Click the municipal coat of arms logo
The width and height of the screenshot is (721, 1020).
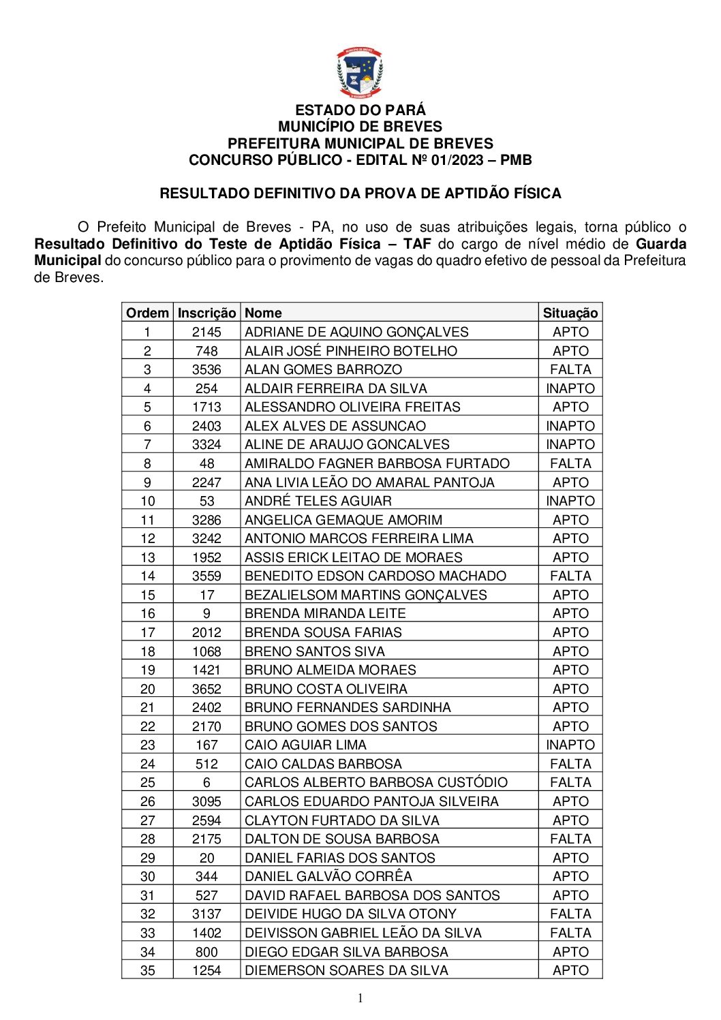pos(360,73)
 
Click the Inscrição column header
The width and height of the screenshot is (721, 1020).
pos(206,313)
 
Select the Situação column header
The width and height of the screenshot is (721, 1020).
pos(570,313)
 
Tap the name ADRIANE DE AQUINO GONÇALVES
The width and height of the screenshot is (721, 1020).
pos(356,332)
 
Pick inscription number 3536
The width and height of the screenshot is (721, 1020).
pos(206,369)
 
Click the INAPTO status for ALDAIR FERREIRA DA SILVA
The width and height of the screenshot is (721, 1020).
pos(570,388)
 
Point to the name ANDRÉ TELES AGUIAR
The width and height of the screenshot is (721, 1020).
pos(318,501)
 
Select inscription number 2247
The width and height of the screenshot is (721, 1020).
pos(206,482)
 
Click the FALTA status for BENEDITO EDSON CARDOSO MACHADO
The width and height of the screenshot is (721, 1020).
pos(570,576)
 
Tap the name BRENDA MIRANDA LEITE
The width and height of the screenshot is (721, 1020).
pos(325,613)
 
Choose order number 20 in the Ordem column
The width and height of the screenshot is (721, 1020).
pos(147,689)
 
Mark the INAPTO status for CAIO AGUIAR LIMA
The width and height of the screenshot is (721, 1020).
pos(570,745)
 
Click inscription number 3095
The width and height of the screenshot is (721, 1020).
pos(206,801)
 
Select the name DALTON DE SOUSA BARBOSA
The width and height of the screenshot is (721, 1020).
pos(341,839)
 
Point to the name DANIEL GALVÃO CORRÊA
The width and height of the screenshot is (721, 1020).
pos(328,876)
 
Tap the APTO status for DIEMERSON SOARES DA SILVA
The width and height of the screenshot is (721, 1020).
pos(570,970)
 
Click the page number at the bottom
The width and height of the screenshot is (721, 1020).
pos(360,998)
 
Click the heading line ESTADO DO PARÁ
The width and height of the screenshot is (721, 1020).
pos(360,110)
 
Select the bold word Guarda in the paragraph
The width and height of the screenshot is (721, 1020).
pos(660,244)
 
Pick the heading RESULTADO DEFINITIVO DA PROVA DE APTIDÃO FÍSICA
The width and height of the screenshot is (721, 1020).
pos(360,194)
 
